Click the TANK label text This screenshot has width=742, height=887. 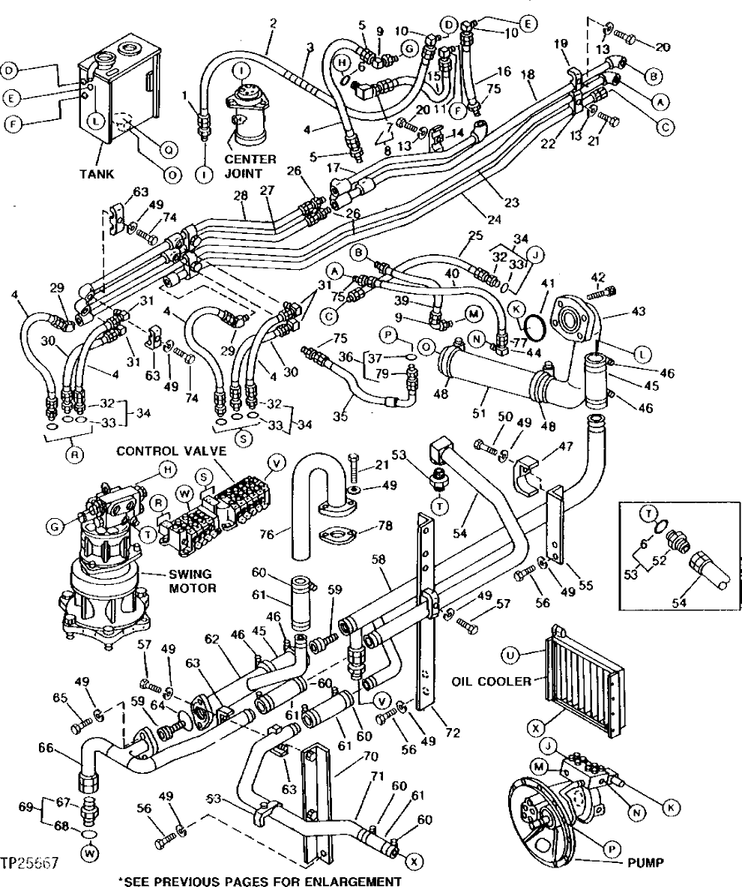pyautogui.click(x=97, y=175)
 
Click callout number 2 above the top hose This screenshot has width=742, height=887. pyautogui.click(x=273, y=23)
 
